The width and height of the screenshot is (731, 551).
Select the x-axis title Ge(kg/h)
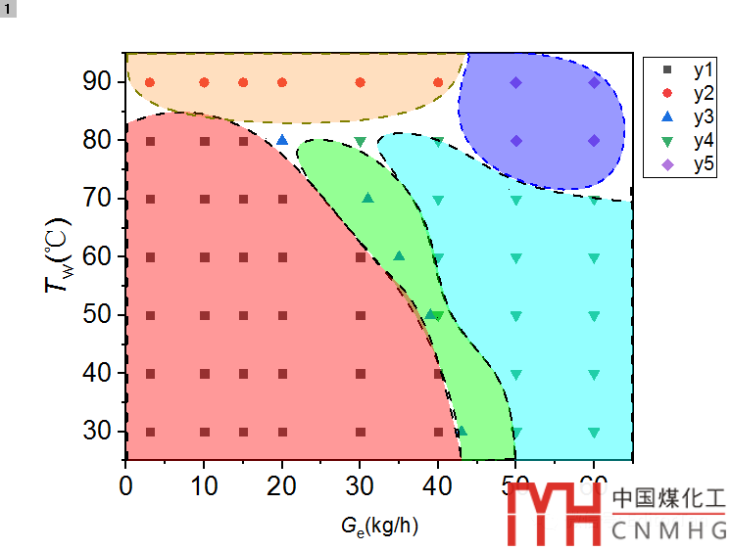(380, 527)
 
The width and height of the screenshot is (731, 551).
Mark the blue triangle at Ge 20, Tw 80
(282, 140)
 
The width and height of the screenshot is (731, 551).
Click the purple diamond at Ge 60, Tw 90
(594, 82)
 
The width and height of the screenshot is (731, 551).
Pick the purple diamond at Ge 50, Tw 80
(516, 140)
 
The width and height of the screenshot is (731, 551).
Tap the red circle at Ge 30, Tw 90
(361, 82)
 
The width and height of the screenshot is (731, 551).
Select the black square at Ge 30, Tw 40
(361, 373)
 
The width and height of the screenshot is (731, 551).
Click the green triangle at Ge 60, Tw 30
(594, 432)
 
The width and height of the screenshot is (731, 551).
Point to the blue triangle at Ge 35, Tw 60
(399, 256)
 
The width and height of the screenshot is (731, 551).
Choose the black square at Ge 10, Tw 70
(205, 199)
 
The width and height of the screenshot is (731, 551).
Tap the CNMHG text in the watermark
(668, 530)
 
